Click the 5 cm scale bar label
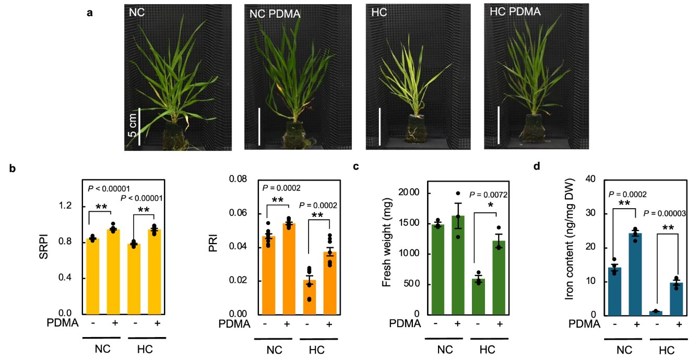tap(133, 126)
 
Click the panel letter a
tap(90, 14)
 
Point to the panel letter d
tap(537, 167)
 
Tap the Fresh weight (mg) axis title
tap(386, 242)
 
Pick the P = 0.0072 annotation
tap(489, 195)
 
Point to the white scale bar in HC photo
tap(380, 126)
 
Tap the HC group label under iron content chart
tap(666, 349)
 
